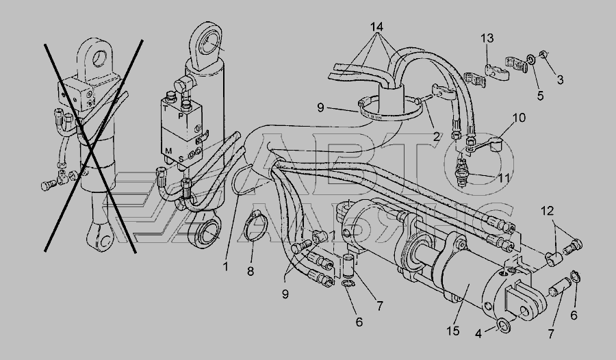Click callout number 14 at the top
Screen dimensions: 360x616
point(377,27)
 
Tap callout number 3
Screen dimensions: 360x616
point(559,79)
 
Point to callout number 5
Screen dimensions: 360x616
point(540,95)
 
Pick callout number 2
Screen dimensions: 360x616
point(437,136)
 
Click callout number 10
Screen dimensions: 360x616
point(519,118)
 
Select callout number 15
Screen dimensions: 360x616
point(452,331)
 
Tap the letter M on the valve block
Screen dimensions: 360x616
point(168,151)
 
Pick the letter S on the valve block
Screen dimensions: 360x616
point(181,159)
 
